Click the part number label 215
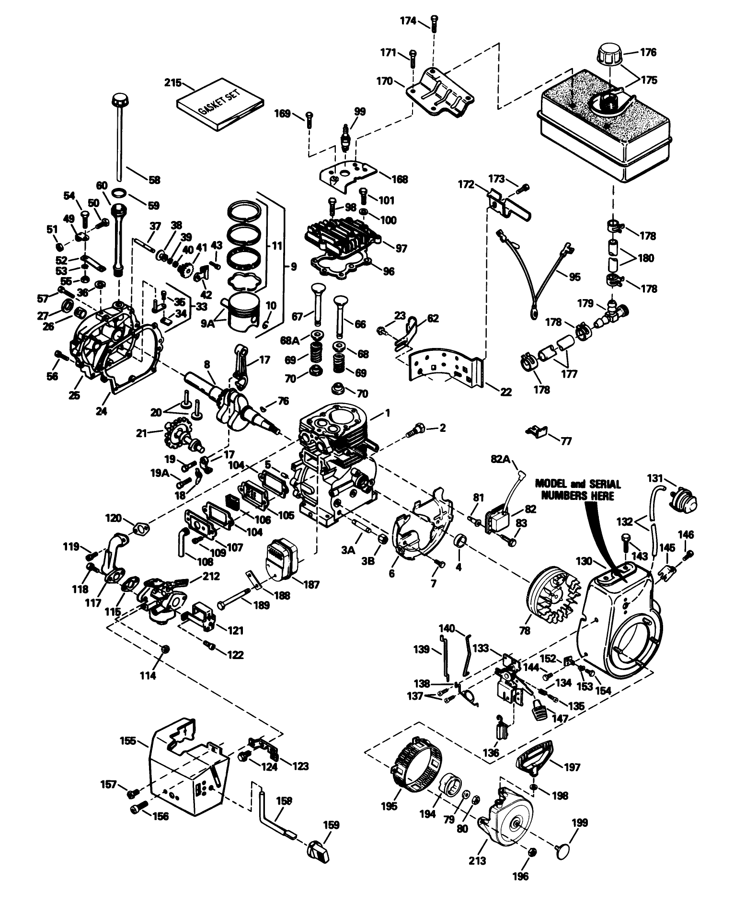coord(172,83)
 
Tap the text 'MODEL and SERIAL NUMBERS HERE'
coord(577,489)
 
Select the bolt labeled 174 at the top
coord(433,22)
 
